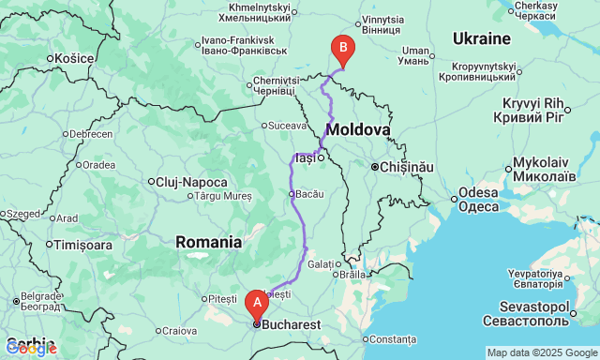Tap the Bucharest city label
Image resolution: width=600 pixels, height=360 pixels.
click(292, 324)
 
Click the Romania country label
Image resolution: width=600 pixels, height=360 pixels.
click(208, 242)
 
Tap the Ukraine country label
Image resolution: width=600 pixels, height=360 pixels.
click(481, 38)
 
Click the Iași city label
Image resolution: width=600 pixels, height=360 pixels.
click(305, 158)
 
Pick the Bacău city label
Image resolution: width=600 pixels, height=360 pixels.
click(308, 194)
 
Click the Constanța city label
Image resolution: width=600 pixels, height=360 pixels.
click(392, 338)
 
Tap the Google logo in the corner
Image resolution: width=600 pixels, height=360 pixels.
click(30, 349)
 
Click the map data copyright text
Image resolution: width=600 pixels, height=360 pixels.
click(541, 352)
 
